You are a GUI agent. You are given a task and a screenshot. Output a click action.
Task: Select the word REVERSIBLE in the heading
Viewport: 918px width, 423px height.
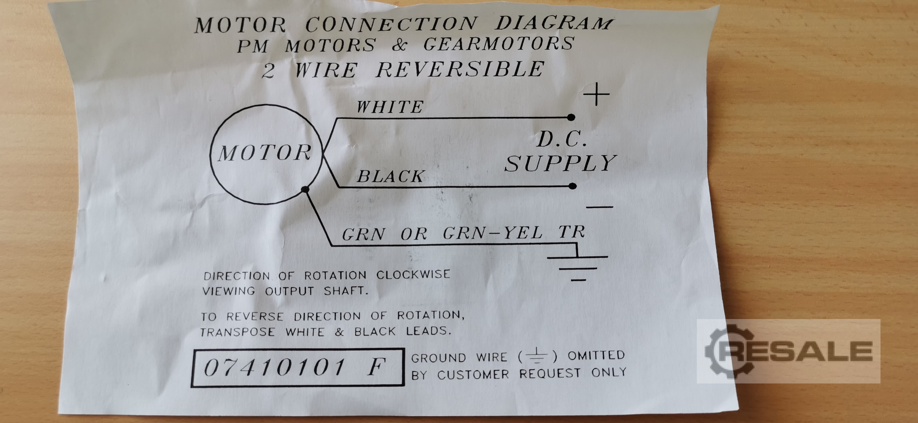[x=460, y=69]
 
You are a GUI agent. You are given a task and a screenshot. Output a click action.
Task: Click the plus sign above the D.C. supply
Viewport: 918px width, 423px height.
[x=596, y=94]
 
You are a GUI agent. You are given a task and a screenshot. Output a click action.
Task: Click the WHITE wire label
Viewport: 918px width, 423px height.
[x=390, y=107]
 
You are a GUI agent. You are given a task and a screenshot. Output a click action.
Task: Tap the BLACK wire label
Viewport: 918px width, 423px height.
[x=391, y=176]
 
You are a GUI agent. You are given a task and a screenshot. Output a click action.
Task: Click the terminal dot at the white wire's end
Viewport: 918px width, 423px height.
[x=571, y=117]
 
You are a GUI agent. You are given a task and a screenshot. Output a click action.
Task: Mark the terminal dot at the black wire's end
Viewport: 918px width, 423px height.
[x=572, y=186]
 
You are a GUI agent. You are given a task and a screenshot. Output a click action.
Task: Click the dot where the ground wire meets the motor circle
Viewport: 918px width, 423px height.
[x=305, y=189]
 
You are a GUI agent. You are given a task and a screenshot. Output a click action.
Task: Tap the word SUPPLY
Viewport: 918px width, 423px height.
[x=560, y=163]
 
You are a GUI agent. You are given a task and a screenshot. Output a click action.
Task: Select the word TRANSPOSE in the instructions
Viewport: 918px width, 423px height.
[x=237, y=332]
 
